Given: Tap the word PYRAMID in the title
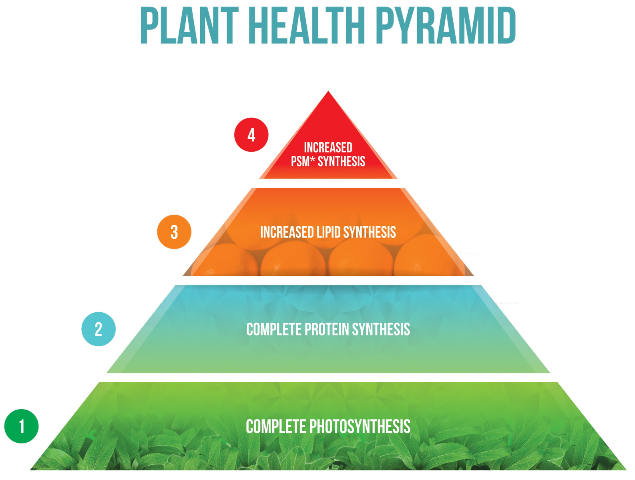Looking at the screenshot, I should (x=445, y=26).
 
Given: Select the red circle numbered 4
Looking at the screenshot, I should (x=251, y=135).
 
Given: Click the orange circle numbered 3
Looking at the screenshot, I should (x=174, y=232).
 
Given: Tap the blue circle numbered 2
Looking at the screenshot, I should (x=98, y=329).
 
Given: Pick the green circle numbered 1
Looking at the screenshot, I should (x=22, y=426).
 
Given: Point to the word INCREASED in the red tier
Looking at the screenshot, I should (x=328, y=148).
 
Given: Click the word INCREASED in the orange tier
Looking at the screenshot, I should (x=287, y=232).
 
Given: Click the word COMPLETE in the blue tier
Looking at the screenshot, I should (x=273, y=329).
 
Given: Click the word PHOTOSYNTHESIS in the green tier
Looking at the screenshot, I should (x=360, y=427).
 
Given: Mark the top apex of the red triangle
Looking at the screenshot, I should (x=328, y=92).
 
